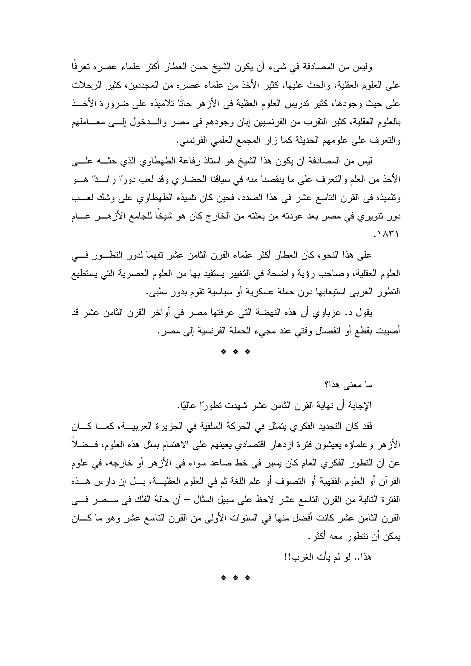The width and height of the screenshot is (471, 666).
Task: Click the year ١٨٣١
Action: (388, 234)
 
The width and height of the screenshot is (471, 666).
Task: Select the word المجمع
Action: (244, 142)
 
